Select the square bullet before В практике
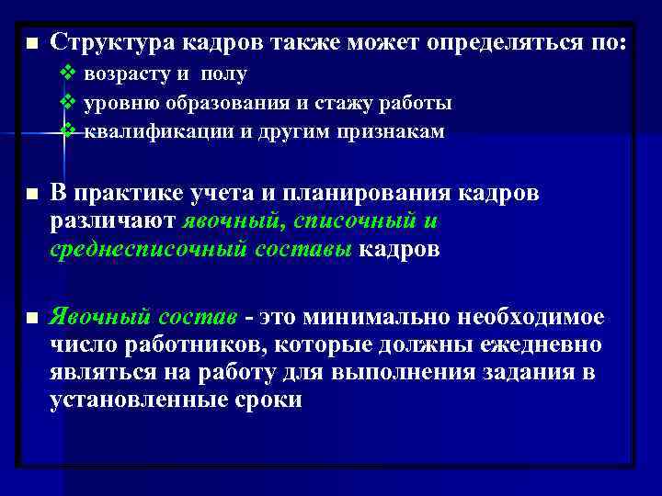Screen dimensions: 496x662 (x=32, y=196)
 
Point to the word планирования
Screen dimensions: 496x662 (x=354, y=195)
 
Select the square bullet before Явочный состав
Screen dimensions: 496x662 (x=32, y=317)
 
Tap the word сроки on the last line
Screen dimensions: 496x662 (x=266, y=401)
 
